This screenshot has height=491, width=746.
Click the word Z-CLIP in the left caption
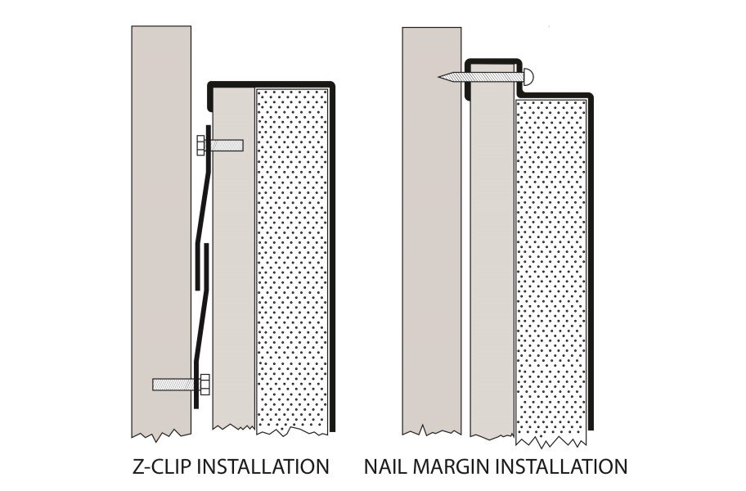[166, 466]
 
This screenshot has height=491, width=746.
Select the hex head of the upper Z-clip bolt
[202, 146]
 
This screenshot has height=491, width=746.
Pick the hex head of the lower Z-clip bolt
[204, 383]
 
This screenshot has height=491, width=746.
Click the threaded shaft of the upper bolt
[226, 146]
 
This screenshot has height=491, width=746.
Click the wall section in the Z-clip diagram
[161, 229]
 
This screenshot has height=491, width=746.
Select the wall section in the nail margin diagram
[431, 245]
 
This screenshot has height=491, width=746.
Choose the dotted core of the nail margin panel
[551, 270]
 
